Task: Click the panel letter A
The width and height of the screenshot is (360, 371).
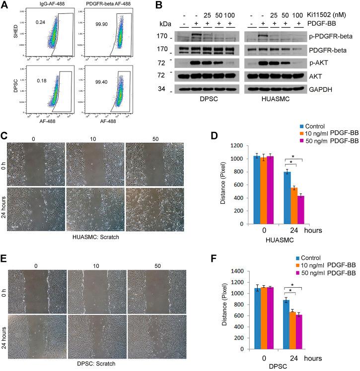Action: click(x=4, y=5)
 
